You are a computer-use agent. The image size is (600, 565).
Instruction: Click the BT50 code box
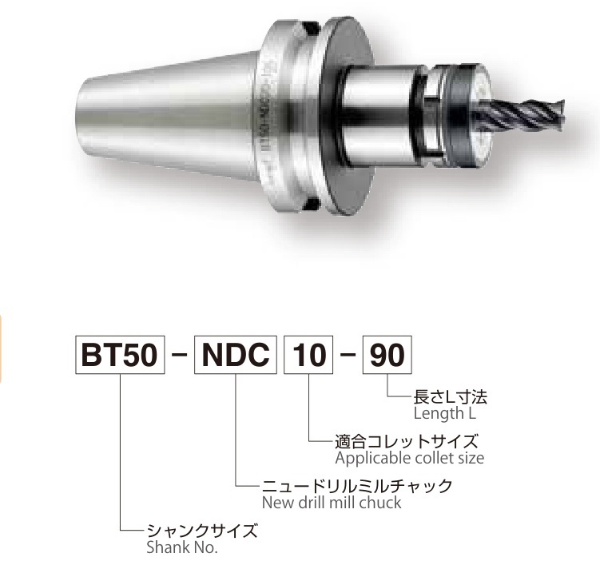pyautogui.click(x=120, y=355)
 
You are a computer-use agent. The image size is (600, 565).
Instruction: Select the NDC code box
pyautogui.click(x=236, y=355)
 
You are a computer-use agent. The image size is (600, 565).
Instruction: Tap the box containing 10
pyautogui.click(x=308, y=355)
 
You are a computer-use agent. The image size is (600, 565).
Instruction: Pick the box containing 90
pyautogui.click(x=387, y=355)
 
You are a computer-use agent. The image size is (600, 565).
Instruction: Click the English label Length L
pyautogui.click(x=445, y=414)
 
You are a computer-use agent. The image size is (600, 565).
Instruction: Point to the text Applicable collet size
pyautogui.click(x=409, y=458)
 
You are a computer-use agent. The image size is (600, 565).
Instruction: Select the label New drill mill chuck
pyautogui.click(x=332, y=503)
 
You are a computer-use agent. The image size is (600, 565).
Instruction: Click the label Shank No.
pyautogui.click(x=182, y=547)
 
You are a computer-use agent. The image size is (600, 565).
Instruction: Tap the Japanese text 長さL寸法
pyautogui.click(x=451, y=398)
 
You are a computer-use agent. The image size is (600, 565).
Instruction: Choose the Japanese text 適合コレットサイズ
pyautogui.click(x=407, y=442)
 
